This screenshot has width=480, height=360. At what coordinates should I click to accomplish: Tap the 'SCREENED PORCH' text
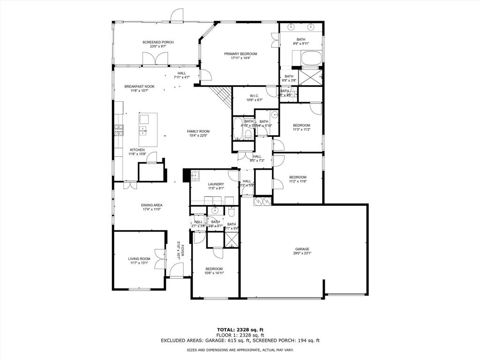158,42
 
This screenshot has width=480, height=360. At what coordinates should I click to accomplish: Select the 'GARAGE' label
302,249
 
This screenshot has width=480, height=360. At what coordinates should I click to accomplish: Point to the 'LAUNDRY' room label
216,184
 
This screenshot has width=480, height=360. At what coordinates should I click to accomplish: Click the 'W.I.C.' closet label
254,96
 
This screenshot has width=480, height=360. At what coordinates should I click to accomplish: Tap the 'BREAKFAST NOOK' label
139,86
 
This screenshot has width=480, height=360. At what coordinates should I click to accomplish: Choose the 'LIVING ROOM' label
139,259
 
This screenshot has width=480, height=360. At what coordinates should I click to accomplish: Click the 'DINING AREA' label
151,205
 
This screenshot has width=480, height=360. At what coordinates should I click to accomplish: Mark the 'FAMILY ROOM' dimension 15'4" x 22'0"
198,136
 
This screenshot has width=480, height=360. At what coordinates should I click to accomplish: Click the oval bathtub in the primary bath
310,59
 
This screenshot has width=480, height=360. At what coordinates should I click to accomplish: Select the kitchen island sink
143,130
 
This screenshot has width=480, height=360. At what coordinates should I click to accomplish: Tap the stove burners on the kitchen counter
118,130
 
